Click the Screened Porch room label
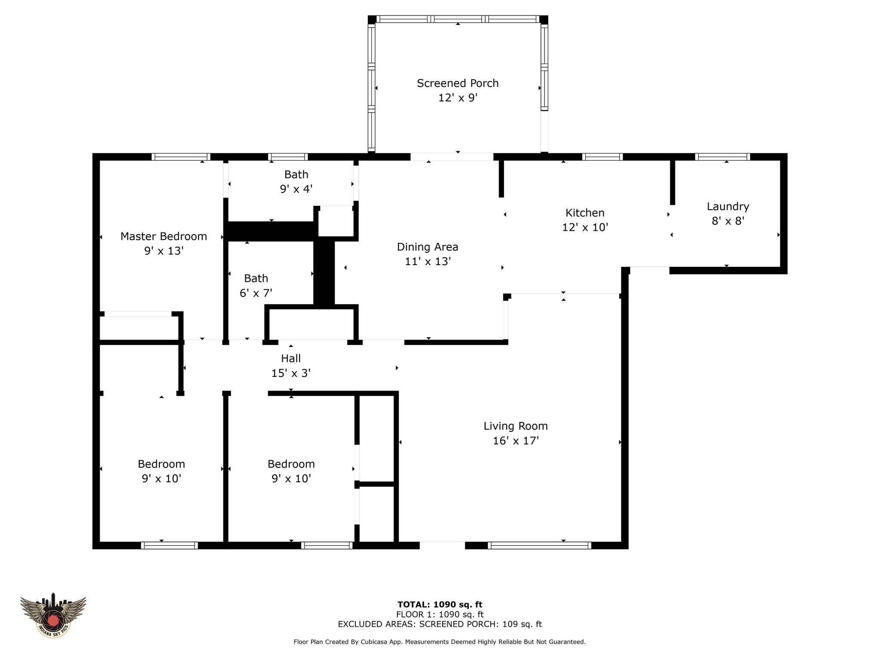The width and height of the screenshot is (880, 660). tap(458, 83)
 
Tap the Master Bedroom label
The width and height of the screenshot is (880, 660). tap(164, 236)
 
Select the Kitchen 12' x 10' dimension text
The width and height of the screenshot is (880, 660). tap(585, 227)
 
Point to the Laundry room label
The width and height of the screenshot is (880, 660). tap(728, 207)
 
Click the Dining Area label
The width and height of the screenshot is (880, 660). tap(428, 247)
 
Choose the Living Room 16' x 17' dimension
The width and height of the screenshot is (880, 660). tap(516, 441)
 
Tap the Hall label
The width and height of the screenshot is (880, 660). tap(291, 358)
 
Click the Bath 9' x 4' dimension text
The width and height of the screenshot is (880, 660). tap(296, 189)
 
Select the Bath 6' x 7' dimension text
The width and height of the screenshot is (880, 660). tap(256, 293)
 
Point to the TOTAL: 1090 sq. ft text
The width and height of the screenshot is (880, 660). tap(440, 605)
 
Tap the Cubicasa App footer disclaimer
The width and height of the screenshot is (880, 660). tap(440, 642)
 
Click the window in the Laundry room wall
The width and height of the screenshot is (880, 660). tap(723, 157)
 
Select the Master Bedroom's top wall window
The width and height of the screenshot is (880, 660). tap(181, 157)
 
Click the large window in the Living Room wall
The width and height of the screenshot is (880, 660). tap(539, 546)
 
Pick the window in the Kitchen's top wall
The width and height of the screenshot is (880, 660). tap(602, 157)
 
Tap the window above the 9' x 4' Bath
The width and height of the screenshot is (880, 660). tap(288, 157)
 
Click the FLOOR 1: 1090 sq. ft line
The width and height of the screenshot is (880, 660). tap(440, 615)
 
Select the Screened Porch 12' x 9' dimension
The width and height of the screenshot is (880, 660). tap(458, 98)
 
